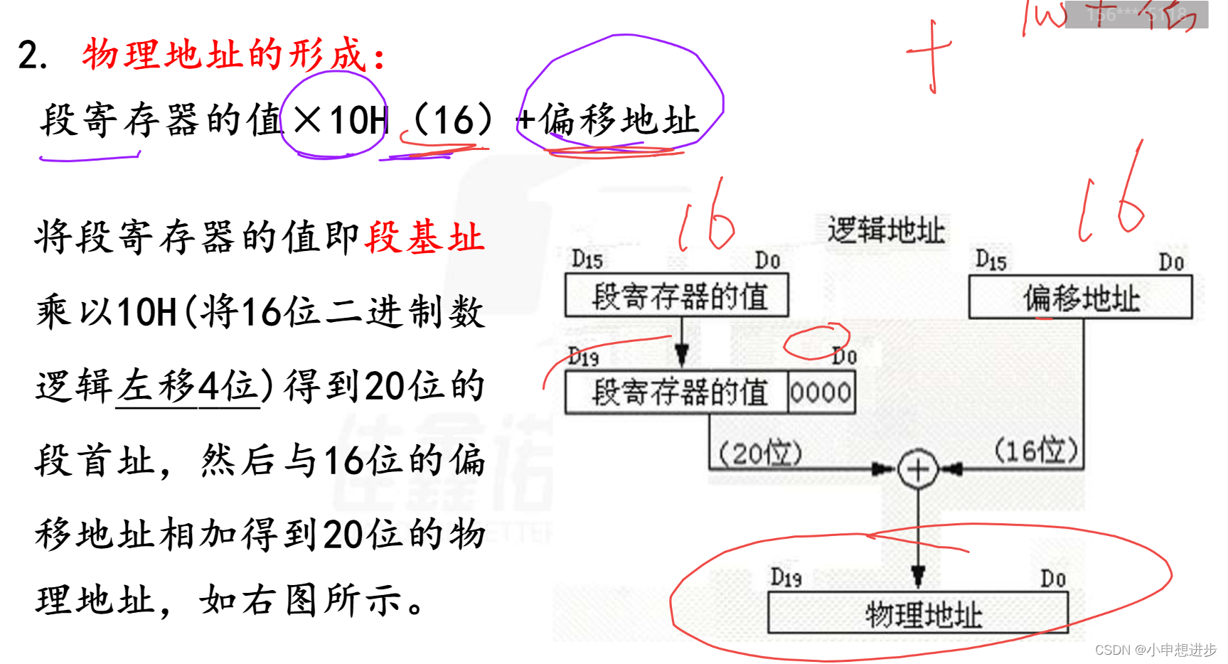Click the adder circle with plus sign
(918, 469)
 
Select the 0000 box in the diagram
(821, 392)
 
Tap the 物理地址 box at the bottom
(918, 614)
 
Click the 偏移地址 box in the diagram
(1080, 298)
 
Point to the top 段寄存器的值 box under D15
(677, 296)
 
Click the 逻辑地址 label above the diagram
(886, 231)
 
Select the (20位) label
(760, 453)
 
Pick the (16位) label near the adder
(1035, 450)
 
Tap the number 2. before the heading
(32, 55)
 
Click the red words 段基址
(425, 237)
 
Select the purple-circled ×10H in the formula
(334, 119)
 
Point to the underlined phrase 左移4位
(188, 387)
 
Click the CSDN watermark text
(1155, 650)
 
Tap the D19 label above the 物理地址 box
(786, 577)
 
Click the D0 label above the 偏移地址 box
(1171, 262)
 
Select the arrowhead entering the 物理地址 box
(918, 576)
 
